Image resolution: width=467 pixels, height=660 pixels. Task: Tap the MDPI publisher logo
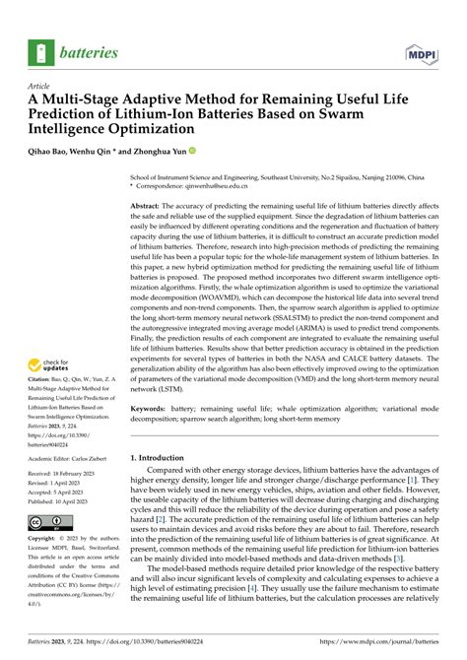pyautogui.click(x=428, y=51)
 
